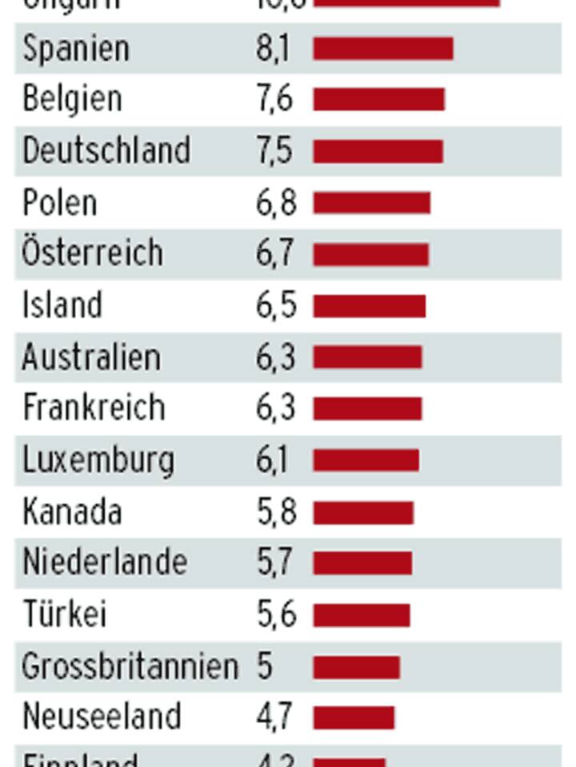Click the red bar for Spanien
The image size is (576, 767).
[382, 49]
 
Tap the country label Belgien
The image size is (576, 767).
[73, 99]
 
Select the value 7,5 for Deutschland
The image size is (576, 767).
[274, 151]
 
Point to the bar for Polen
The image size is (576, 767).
[371, 203]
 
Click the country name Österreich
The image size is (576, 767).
[93, 252]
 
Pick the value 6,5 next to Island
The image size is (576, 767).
[276, 306]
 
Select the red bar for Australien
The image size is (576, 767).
[367, 357]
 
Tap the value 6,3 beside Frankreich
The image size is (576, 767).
[276, 408]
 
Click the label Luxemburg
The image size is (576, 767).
[98, 460]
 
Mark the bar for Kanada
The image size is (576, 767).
[363, 512]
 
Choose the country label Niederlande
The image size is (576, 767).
[105, 562]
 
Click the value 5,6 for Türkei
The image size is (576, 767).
[276, 614]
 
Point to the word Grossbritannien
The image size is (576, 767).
[130, 666]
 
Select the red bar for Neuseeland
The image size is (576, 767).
[354, 717]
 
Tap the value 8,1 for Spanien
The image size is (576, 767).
[273, 49]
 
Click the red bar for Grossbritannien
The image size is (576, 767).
[356, 666]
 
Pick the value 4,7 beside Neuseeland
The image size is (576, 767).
[274, 717]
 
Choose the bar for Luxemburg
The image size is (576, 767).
[366, 460]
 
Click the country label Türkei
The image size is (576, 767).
[64, 614]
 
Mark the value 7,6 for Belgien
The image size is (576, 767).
[275, 99]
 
